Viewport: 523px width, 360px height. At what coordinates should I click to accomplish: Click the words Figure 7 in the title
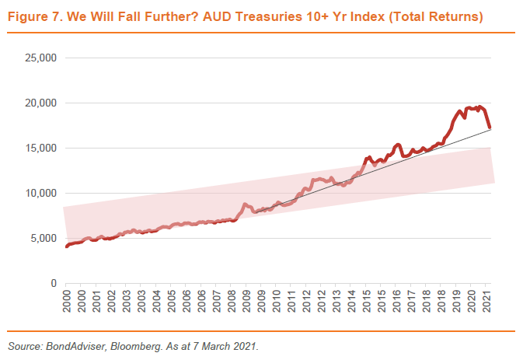[32, 16]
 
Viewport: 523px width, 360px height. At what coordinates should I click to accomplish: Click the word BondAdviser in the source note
[61, 347]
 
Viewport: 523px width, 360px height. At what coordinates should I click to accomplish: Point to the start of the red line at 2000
[67, 246]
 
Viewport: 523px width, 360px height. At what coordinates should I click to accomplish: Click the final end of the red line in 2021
[489, 128]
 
